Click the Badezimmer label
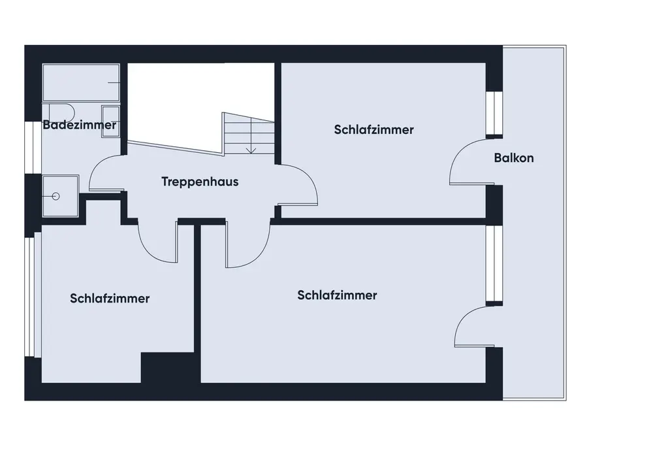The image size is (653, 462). coord(80,125)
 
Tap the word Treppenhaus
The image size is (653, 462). coord(200,182)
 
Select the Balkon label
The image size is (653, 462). coord(514,157)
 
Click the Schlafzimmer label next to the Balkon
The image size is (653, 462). coord(374,129)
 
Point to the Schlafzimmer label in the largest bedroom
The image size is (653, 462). coord(337,295)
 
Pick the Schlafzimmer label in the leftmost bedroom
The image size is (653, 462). coord(110,299)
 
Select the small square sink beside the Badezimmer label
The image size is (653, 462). coord(111,128)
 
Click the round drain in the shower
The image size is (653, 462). coord(56,195)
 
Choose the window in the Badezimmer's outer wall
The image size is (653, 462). coord(29,148)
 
